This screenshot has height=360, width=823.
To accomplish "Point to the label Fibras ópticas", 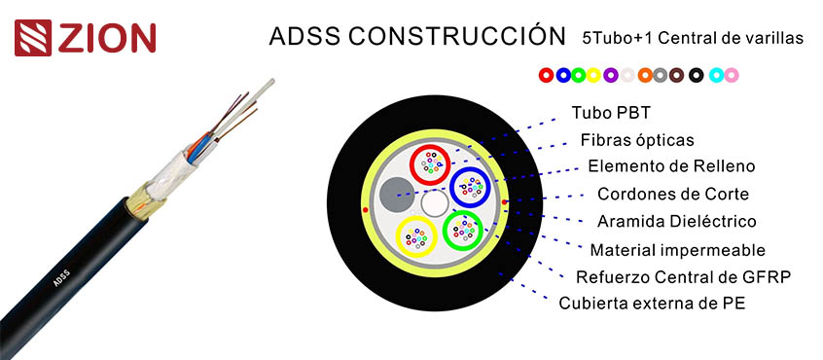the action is pyautogui.click(x=637, y=139).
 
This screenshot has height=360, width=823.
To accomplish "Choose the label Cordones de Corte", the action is pyautogui.click(x=663, y=194).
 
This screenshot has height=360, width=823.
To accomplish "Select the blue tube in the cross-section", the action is pyautogui.click(x=470, y=184).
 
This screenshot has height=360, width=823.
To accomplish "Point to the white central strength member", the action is pyautogui.click(x=433, y=202).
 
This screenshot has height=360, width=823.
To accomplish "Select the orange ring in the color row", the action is pyautogui.click(x=644, y=74).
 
